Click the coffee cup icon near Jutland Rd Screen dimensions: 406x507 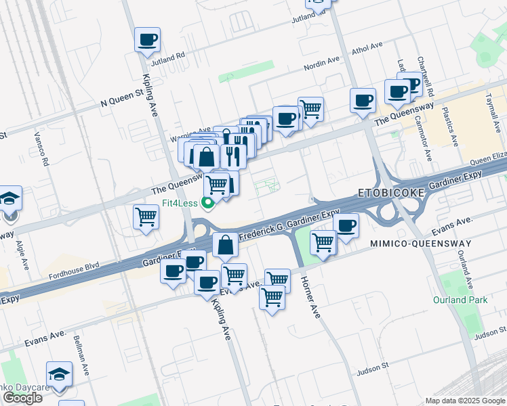click(x=147, y=40)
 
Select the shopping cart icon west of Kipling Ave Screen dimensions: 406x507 click(x=146, y=217)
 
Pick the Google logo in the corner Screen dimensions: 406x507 click(x=22, y=398)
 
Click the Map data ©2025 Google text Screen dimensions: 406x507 click(x=465, y=401)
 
